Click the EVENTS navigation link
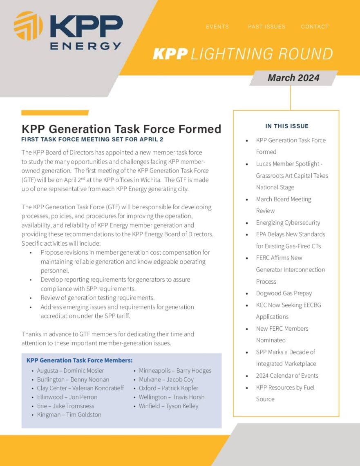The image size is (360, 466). pyautogui.click(x=217, y=27)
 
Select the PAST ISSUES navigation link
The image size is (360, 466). pyautogui.click(x=266, y=27)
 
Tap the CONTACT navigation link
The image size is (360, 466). pyautogui.click(x=315, y=27)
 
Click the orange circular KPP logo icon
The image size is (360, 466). pyautogui.click(x=28, y=26)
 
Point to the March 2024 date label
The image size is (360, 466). pyautogui.click(x=293, y=78)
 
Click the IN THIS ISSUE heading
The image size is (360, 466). pyautogui.click(x=287, y=126)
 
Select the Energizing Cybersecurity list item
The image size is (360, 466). pyautogui.click(x=288, y=223)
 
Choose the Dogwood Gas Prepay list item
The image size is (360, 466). pyautogui.click(x=284, y=293)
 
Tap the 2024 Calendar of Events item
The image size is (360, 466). pyautogui.click(x=287, y=376)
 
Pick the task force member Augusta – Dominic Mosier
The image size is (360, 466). pyautogui.click(x=70, y=371)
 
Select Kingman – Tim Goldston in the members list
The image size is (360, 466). pyautogui.click(x=69, y=414)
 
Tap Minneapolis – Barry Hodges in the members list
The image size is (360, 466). pyautogui.click(x=175, y=371)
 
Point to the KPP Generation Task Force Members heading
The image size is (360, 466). pyautogui.click(x=79, y=361)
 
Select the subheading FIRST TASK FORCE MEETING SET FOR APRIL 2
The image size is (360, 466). pyautogui.click(x=92, y=140)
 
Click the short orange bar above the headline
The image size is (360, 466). pyautogui.click(x=55, y=113)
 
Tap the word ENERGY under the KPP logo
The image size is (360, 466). pyautogui.click(x=85, y=46)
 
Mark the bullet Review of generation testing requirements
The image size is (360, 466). pyautogui.click(x=97, y=298)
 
